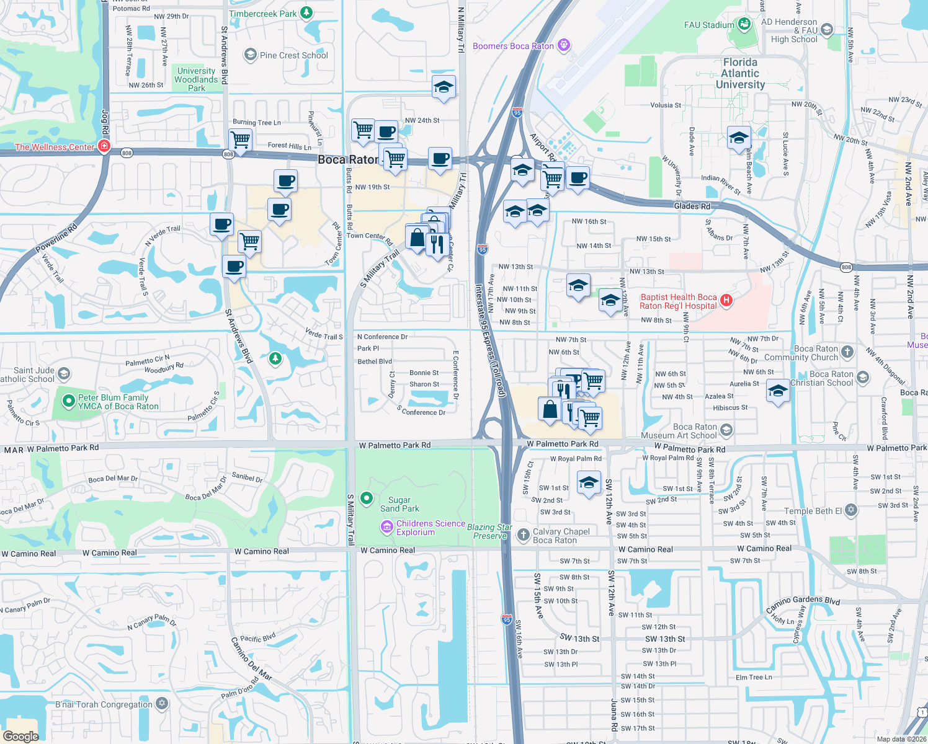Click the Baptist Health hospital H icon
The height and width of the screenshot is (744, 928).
(x=726, y=301)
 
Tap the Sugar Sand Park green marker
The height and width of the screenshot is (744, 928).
(x=367, y=498)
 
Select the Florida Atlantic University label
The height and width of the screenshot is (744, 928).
(x=740, y=73)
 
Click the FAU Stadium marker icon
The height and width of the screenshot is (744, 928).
(x=744, y=24)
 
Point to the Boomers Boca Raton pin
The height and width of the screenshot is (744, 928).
(x=563, y=45)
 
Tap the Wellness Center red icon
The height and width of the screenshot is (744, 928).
(x=104, y=146)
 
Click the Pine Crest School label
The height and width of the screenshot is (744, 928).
(x=293, y=55)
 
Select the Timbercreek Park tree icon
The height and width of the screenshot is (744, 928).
(x=306, y=13)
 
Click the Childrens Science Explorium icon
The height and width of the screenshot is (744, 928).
(x=387, y=527)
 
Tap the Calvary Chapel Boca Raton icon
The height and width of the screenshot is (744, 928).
(x=523, y=534)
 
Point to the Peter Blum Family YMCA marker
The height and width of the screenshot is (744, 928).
(x=69, y=402)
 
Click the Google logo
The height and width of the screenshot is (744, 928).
(x=20, y=736)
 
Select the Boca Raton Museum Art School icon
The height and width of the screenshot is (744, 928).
(x=726, y=430)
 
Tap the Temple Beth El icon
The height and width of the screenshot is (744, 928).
(x=851, y=510)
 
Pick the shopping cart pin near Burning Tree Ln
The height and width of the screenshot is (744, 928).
(x=240, y=139)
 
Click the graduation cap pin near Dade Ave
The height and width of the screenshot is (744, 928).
(x=739, y=138)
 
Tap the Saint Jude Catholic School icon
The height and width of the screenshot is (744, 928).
(x=64, y=374)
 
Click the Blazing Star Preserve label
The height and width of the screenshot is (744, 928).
(x=489, y=531)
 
